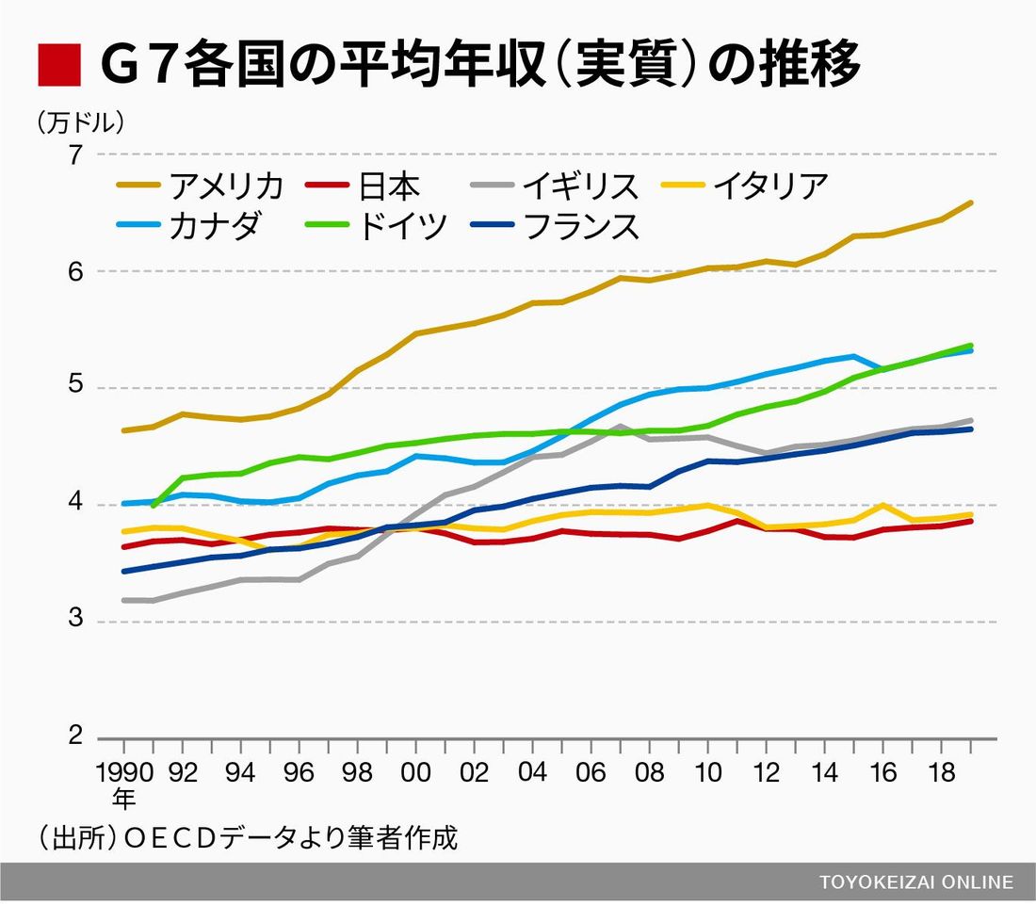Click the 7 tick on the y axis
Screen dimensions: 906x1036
[x=75, y=154]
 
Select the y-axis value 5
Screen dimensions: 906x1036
[x=75, y=387]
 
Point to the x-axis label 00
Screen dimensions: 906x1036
[x=415, y=773]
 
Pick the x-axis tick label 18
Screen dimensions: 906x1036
[x=941, y=773]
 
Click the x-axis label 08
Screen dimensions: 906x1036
[x=649, y=773]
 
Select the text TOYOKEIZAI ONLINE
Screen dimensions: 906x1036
[x=915, y=882]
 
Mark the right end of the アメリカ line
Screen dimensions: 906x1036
[x=971, y=202]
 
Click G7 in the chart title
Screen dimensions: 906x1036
[x=138, y=64]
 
